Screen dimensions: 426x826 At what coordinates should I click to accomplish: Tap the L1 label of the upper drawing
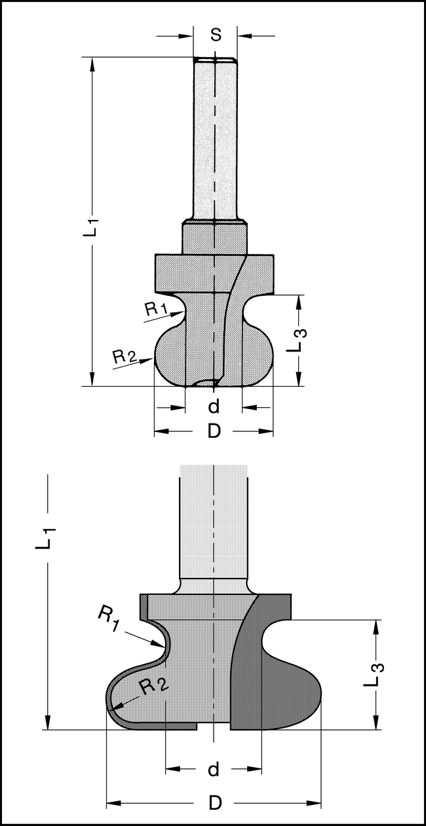(x=91, y=224)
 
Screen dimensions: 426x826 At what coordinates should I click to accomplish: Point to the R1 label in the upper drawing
(x=155, y=309)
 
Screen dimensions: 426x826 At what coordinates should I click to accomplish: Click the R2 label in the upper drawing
(x=125, y=356)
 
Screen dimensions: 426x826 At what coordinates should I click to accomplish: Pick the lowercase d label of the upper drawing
(x=214, y=406)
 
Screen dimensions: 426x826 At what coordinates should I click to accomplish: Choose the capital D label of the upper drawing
(x=214, y=431)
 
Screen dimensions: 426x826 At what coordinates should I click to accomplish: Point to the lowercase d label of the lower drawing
(x=214, y=770)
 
